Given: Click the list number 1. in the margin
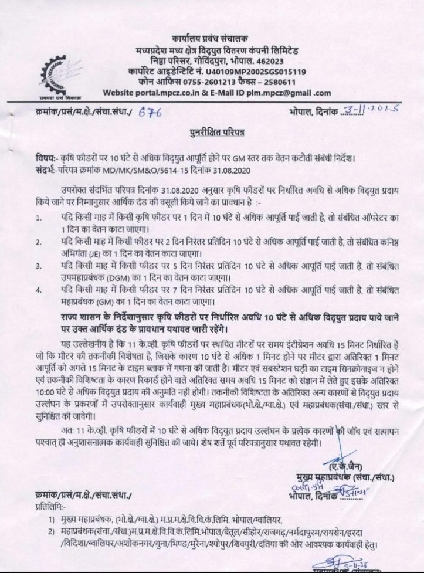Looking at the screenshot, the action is pos(38,219).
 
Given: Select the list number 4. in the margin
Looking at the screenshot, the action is pos(38,290).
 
